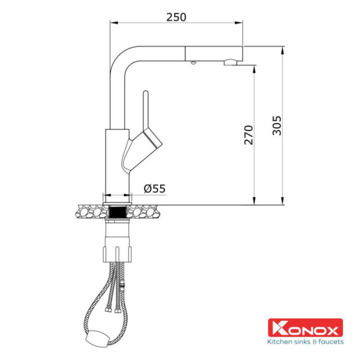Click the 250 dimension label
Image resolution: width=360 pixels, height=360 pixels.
coord(176,17)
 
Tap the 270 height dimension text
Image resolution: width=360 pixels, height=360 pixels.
coord(248,135)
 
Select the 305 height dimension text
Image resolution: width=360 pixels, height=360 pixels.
coord(277,125)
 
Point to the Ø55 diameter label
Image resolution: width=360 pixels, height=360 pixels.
coord(155,189)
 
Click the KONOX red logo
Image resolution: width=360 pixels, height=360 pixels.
coord(305,328)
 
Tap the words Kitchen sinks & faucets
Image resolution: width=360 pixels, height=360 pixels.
coord(305,341)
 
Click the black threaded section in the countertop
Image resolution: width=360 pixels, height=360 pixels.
coord(118,212)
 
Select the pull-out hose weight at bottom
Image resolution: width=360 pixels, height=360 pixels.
coord(97,337)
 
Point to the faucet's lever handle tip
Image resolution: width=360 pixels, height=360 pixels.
coord(146,92)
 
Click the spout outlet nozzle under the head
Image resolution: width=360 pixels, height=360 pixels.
coord(230,62)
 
